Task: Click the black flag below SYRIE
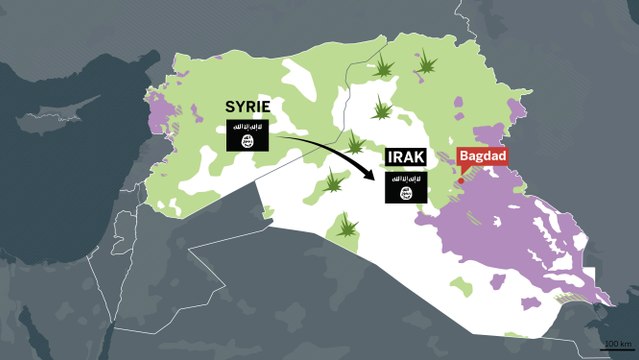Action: pos(245,136)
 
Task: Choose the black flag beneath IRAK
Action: pos(406,187)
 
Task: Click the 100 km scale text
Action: pos(617,344)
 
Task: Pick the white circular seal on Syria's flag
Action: pos(245,141)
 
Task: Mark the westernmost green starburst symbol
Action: pos(334,182)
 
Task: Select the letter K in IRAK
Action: pos(421,157)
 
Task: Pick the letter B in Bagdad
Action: pos(463,157)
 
